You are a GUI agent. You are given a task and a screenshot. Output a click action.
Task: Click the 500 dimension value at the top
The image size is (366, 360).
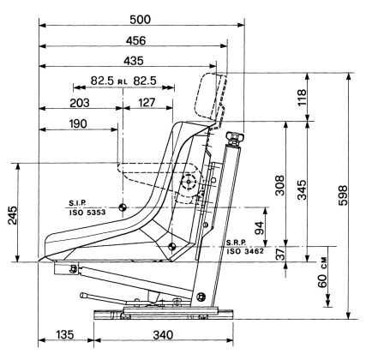tap(140, 20)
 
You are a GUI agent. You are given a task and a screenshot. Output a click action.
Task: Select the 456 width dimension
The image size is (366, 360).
tap(135, 41)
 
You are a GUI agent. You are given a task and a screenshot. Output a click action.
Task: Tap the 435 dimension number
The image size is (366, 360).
tap(134, 61)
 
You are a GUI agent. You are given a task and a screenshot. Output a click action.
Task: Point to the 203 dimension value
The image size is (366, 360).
tap(80, 103)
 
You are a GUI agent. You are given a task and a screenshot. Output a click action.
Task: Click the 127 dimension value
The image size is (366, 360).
tap(147, 103)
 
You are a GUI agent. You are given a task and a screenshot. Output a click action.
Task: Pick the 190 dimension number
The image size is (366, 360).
tap(78, 124)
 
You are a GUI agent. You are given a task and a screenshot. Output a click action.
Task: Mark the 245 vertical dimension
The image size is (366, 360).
tap(13, 215)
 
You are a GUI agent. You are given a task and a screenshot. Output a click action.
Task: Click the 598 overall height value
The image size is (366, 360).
tap(343, 195)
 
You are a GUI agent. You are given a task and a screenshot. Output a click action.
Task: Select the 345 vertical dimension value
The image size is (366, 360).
tap(302, 189)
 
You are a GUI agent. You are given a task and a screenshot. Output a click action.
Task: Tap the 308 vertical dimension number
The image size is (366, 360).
tap(280, 185)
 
